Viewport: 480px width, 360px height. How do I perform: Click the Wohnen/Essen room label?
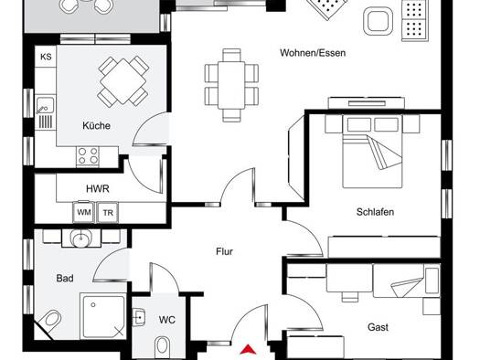coord(313,53)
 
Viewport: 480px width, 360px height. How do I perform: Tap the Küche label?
coord(96,126)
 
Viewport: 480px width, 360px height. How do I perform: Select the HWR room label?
coord(98,189)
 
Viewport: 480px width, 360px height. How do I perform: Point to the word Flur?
coord(224,251)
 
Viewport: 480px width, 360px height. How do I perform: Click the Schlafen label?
coord(375,212)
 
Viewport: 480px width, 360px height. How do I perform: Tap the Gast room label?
coord(378,327)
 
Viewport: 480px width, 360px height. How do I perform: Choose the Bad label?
coord(65,279)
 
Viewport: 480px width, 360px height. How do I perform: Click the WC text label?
coord(166,320)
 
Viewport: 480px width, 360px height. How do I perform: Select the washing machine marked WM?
coord(83,212)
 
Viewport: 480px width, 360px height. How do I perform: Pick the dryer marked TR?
coord(108,212)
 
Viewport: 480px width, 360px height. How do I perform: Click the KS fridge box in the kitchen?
coord(46,57)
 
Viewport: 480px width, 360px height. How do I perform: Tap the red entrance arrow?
coord(248,349)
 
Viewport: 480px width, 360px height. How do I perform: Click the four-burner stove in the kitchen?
coord(88,156)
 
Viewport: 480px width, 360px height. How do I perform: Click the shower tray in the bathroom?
coord(103,315)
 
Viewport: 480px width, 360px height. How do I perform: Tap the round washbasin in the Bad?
coord(81,238)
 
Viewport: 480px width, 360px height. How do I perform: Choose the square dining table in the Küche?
coord(123,81)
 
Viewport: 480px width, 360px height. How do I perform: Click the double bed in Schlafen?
coord(372,152)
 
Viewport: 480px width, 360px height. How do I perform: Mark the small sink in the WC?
coord(139,317)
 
